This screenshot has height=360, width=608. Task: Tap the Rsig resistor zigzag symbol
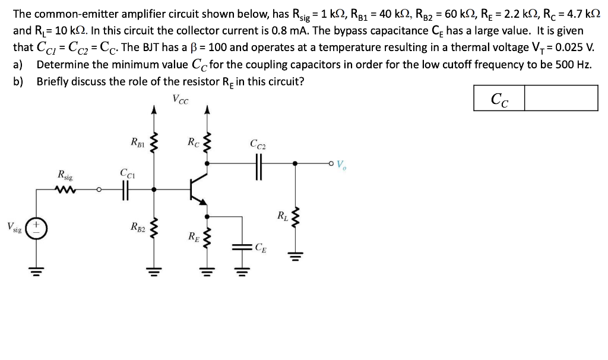pyautogui.click(x=62, y=190)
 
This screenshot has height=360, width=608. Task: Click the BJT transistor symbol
pyautogui.click(x=198, y=190)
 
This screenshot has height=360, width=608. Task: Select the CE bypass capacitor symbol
pyautogui.click(x=243, y=247)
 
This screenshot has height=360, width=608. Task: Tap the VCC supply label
pyautogui.click(x=180, y=99)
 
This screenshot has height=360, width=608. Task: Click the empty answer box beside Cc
pyautogui.click(x=561, y=98)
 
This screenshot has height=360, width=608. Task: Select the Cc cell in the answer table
pyautogui.click(x=500, y=98)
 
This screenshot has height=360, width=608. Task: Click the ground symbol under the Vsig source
pyautogui.click(x=36, y=270)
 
